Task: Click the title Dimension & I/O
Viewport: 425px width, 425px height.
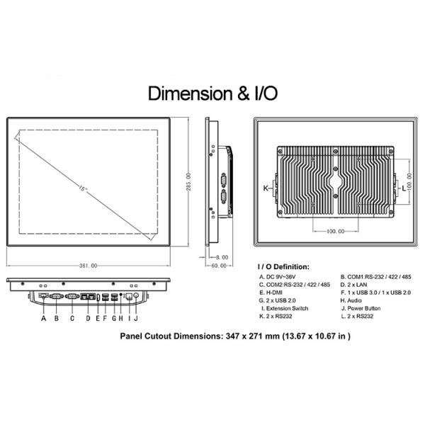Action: (212, 93)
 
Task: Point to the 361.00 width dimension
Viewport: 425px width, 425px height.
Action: (88, 266)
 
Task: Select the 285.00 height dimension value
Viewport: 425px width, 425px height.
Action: (188, 182)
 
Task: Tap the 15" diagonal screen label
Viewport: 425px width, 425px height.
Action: (83, 188)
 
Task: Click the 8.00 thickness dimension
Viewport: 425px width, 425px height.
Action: (222, 257)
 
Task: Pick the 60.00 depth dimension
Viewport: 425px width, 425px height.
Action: (219, 266)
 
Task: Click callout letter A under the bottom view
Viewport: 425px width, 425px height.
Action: (44, 318)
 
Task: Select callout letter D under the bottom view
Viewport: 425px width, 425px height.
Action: (88, 318)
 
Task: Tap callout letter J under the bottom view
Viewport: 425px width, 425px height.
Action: (136, 318)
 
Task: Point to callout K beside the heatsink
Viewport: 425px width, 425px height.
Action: (266, 188)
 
